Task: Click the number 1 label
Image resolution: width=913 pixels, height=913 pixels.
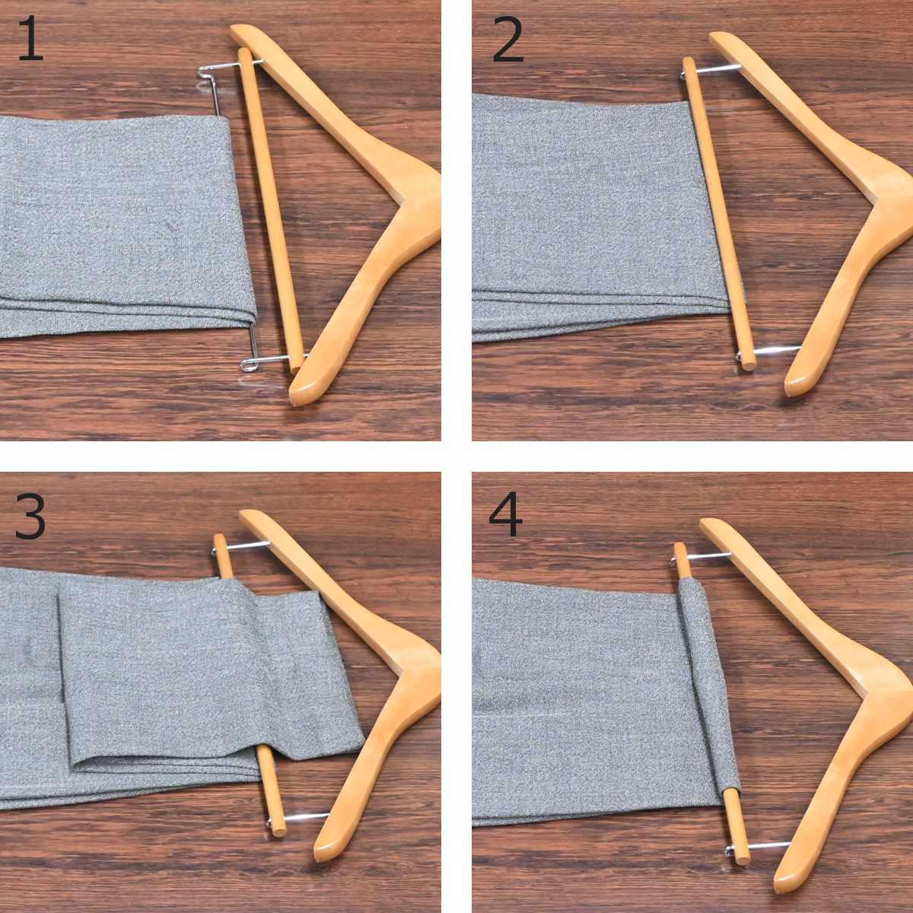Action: click(x=30, y=38)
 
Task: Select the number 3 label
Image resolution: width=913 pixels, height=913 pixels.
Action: click(x=30, y=516)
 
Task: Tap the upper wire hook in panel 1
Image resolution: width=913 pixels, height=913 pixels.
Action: click(x=208, y=76)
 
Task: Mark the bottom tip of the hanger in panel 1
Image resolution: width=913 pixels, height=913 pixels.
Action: click(x=297, y=400)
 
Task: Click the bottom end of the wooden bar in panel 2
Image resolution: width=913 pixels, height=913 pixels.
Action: click(x=748, y=365)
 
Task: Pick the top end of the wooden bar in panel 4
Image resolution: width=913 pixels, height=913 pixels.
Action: click(x=679, y=547)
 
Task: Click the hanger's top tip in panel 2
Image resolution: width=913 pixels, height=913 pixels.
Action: click(x=715, y=37)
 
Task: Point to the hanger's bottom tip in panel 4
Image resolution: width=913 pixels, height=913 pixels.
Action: click(x=782, y=883)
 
